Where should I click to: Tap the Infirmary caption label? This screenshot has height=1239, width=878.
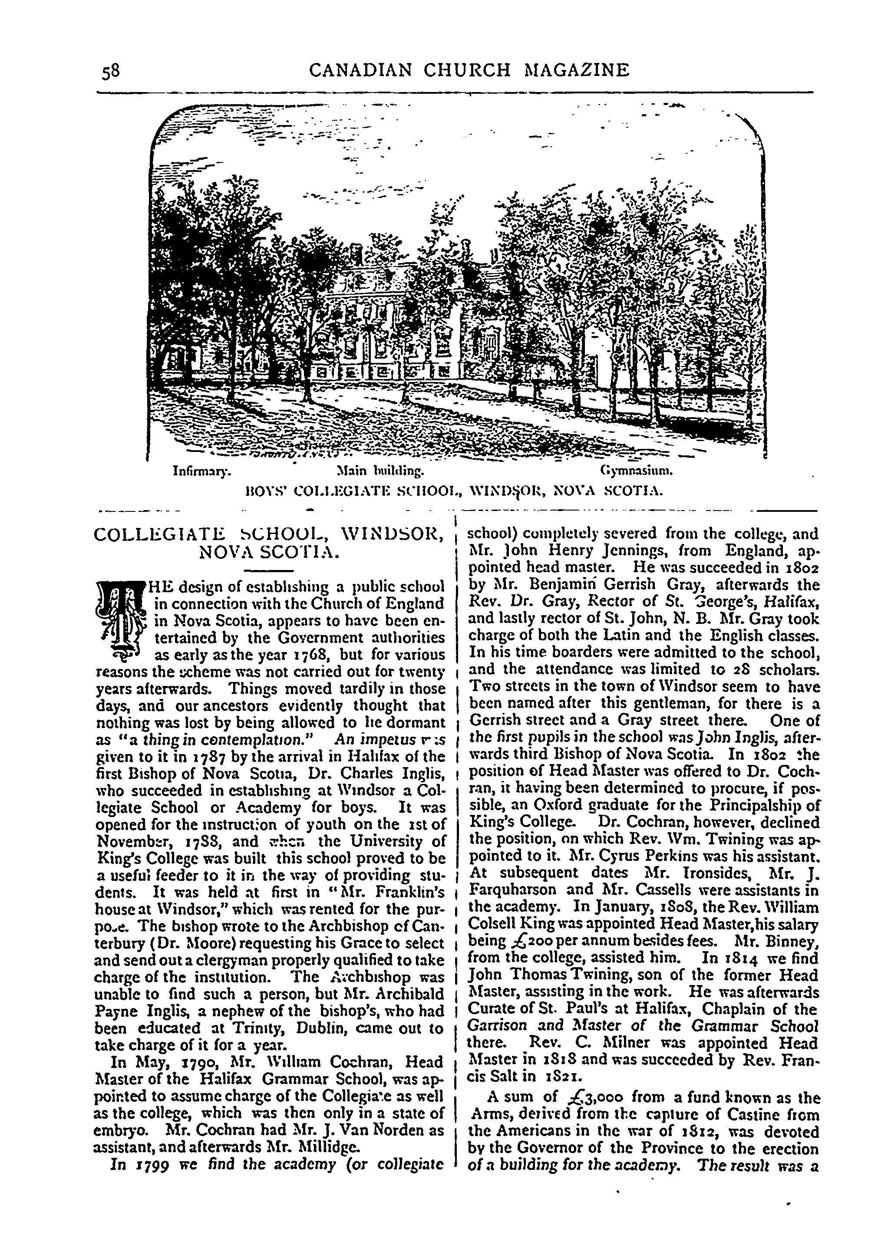click(201, 471)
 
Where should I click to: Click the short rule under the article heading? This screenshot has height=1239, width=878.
click(269, 571)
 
